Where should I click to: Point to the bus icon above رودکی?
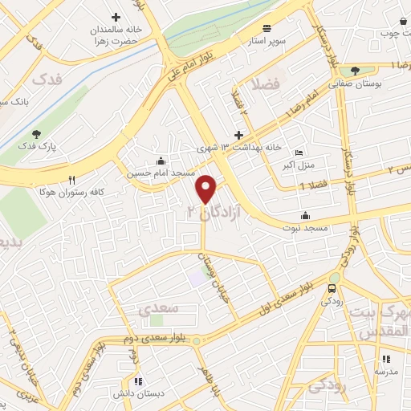333,289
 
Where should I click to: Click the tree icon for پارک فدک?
36,134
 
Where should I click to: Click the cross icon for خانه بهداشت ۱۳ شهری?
238,136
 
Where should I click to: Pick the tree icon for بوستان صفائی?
355,71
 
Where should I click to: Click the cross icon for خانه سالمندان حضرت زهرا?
116,17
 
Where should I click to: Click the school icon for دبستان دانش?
139,381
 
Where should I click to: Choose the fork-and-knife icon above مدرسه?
385,359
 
